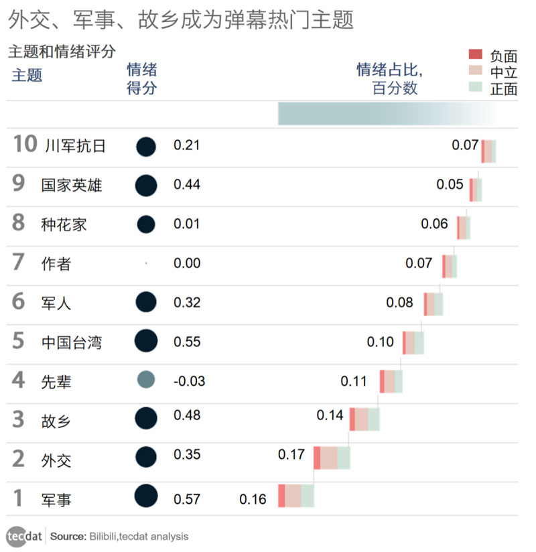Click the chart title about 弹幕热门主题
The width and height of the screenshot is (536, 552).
pyautogui.click(x=181, y=20)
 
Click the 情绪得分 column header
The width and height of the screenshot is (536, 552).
pyautogui.click(x=141, y=78)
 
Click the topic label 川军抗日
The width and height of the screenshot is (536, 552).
pyautogui.click(x=75, y=145)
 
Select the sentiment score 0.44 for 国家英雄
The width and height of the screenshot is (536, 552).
pyautogui.click(x=187, y=185)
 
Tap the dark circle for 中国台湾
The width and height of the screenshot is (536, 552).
pyautogui.click(x=146, y=342)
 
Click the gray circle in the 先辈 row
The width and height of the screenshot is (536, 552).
pyautogui.click(x=146, y=381)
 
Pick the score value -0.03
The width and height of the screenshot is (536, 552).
pyautogui.click(x=189, y=381)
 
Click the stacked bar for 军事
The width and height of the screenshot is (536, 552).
pyautogui.click(x=295, y=496)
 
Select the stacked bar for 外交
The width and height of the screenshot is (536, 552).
pyautogui.click(x=332, y=458)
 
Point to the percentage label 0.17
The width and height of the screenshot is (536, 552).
pyautogui.click(x=291, y=455)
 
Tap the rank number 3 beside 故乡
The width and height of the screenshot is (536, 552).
pyautogui.click(x=18, y=420)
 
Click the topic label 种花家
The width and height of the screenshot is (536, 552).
pyautogui.click(x=64, y=224)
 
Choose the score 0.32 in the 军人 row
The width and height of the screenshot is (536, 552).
pyautogui.click(x=187, y=303)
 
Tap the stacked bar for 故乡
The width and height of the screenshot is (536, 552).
pyautogui.click(x=364, y=419)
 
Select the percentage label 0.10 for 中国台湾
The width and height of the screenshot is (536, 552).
pyautogui.click(x=381, y=342)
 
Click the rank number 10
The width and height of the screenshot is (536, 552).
pyautogui.click(x=25, y=145)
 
